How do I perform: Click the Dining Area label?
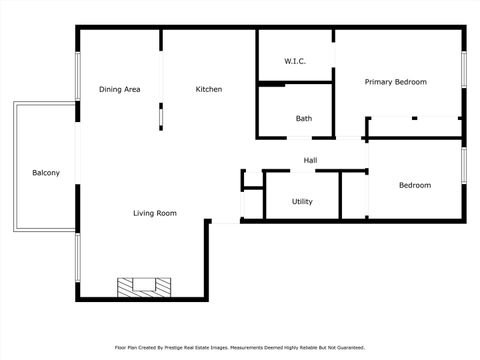pyautogui.click(x=119, y=90)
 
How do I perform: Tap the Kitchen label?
pyautogui.click(x=208, y=90)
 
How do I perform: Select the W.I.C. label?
pyautogui.click(x=294, y=62)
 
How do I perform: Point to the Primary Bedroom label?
pyautogui.click(x=395, y=82)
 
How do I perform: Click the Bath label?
pyautogui.click(x=303, y=119)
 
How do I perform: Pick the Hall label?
pyautogui.click(x=310, y=160)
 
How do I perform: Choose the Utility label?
pyautogui.click(x=302, y=201)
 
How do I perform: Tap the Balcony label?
pyautogui.click(x=46, y=173)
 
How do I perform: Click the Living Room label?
pyautogui.click(x=155, y=213)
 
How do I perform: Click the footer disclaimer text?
pyautogui.click(x=240, y=347)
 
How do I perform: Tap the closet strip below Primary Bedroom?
pyautogui.click(x=414, y=127)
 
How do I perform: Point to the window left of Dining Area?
pyautogui.click(x=77, y=75)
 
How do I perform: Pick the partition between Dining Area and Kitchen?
pyautogui.click(x=161, y=112)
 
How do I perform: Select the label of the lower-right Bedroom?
pyautogui.click(x=414, y=185)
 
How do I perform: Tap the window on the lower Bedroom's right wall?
pyautogui.click(x=464, y=166)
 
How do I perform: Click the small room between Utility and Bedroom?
pyautogui.click(x=354, y=195)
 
